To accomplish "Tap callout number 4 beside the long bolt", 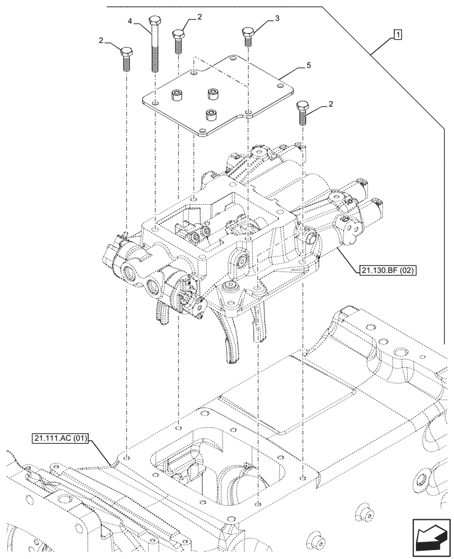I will point(130,22).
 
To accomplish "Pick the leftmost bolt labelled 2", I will point(127,58).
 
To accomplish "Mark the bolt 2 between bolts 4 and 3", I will point(178,41).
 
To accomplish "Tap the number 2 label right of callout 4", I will point(198,18).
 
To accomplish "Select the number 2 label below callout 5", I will point(332,104).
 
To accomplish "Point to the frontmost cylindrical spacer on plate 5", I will point(211,116).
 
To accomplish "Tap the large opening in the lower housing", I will point(212,470).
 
